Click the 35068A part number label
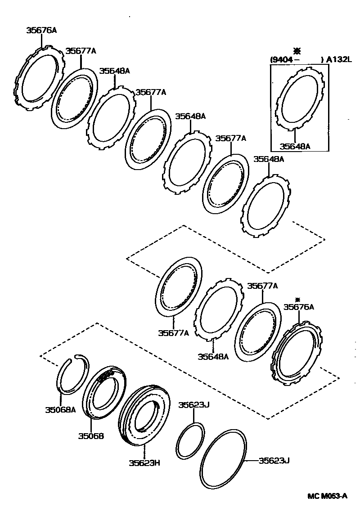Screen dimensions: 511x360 click(x=60, y=409)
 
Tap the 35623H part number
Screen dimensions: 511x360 click(x=144, y=462)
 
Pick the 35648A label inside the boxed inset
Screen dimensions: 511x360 click(x=295, y=146)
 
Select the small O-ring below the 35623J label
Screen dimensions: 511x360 click(x=189, y=441)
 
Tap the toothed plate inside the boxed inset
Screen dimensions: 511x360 click(x=301, y=97)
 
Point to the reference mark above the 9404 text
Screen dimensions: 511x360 click(x=296, y=50)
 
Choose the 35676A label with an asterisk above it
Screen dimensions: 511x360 click(x=298, y=307)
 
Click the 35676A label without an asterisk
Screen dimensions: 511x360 click(x=41, y=31)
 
